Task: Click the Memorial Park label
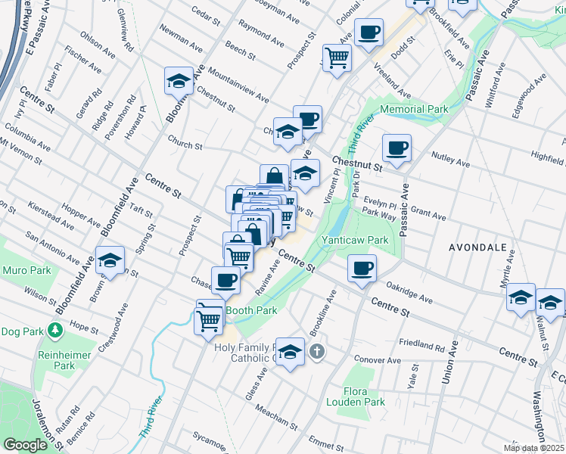coord(414,110)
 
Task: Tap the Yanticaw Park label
coord(355,241)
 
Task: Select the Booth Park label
coord(250,310)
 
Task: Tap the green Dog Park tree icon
coord(54,331)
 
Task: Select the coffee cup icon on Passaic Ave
coord(396,148)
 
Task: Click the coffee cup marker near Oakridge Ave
coord(362,269)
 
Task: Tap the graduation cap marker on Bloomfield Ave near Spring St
coord(110,261)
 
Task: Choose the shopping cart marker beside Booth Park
coord(209,320)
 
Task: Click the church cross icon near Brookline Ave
coord(316,351)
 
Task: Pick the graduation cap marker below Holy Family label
coord(289,352)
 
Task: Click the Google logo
coord(25,445)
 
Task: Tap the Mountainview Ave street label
coord(238,88)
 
